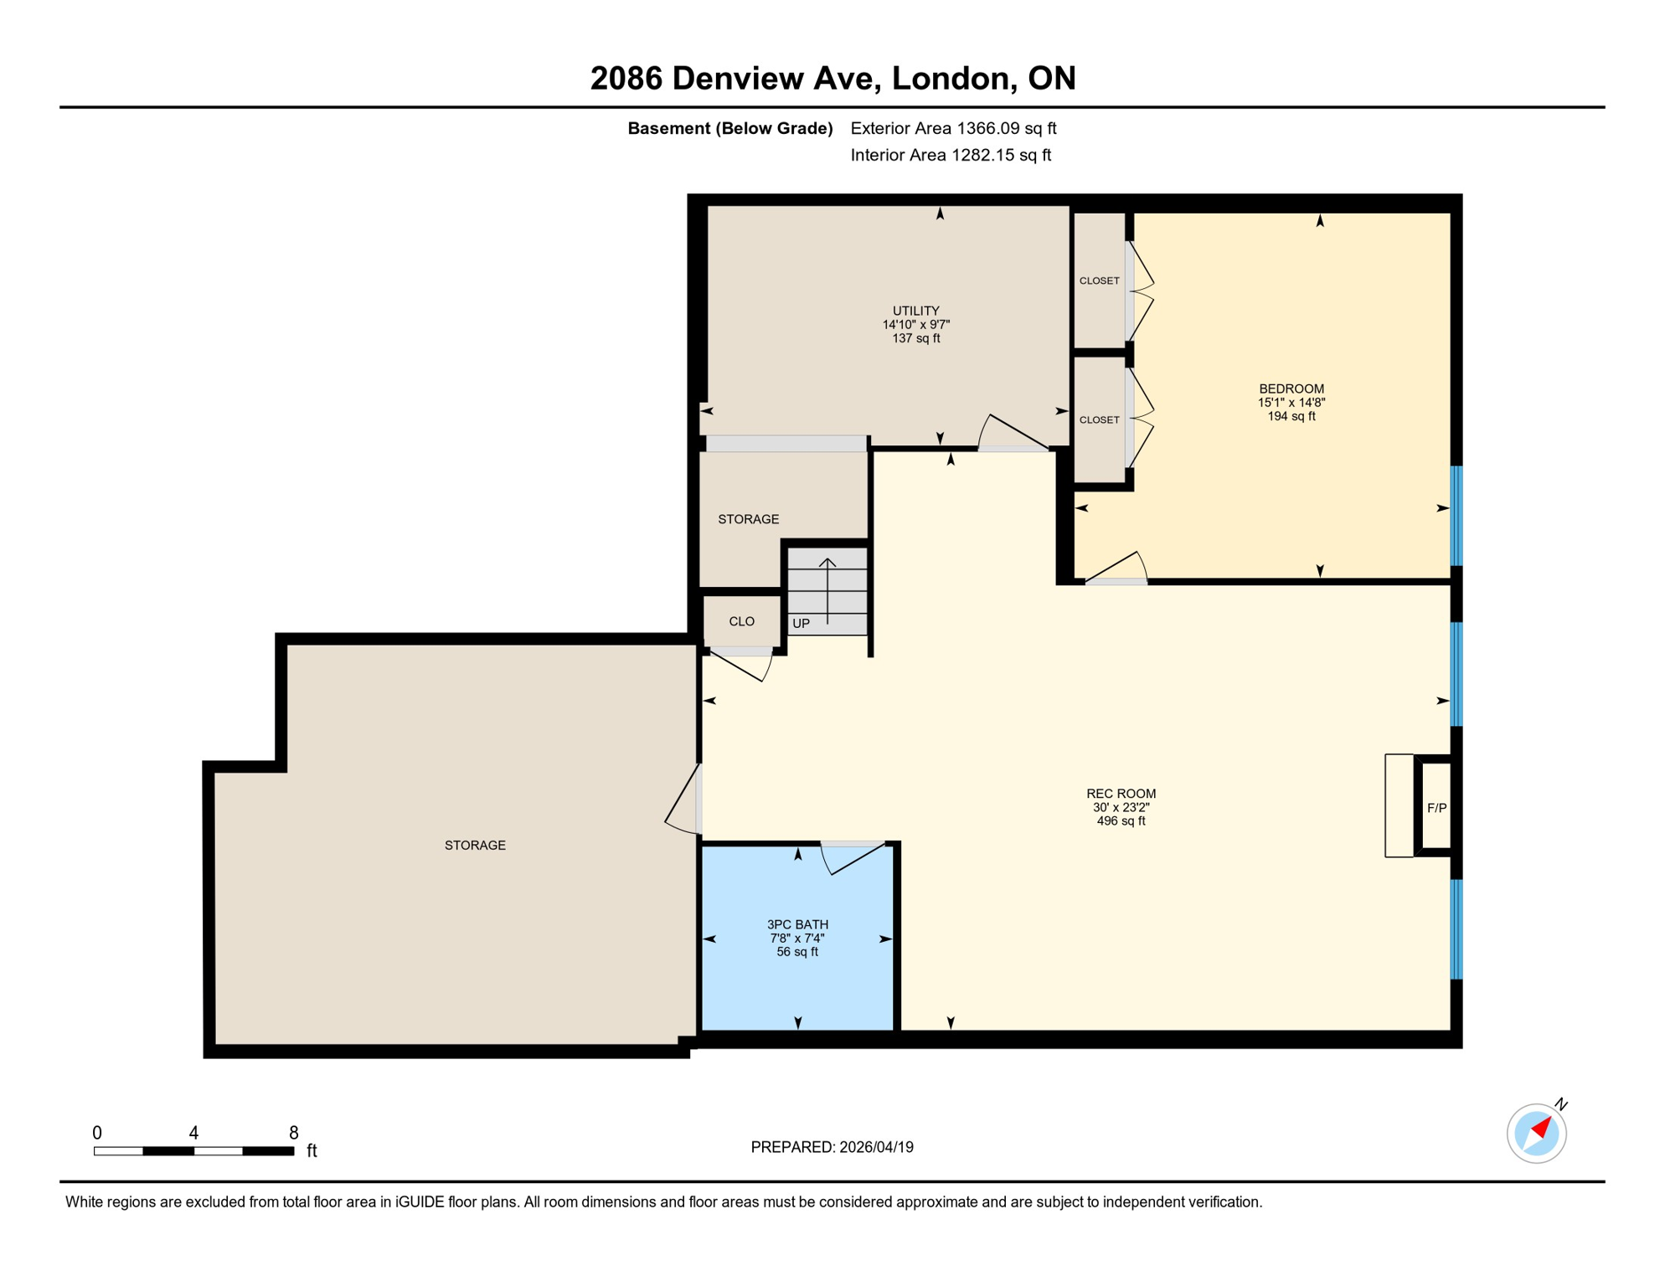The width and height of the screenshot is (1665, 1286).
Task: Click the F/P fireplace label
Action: click(1436, 808)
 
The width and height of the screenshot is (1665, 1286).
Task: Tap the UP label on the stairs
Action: click(801, 624)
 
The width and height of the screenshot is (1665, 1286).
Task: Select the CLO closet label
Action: click(741, 621)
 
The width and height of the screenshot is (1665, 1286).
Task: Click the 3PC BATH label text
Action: click(797, 924)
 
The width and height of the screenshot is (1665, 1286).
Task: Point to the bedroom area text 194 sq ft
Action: click(1291, 416)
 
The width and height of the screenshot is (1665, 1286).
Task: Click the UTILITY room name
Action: click(915, 311)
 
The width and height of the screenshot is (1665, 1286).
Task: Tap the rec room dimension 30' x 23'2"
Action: click(1121, 807)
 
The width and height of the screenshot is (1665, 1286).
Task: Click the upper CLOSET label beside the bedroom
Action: click(1099, 280)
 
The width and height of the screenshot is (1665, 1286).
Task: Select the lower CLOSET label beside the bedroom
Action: click(1099, 419)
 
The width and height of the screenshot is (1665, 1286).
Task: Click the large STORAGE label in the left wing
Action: click(475, 845)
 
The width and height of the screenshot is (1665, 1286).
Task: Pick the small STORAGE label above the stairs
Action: click(748, 519)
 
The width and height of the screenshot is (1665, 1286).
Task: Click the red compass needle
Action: click(1542, 1128)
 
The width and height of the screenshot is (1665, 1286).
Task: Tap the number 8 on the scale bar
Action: click(293, 1133)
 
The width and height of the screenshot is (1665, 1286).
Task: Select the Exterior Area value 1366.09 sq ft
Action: click(1006, 128)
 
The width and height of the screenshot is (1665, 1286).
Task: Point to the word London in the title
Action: click(950, 78)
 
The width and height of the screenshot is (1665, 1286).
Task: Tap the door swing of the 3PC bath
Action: click(854, 858)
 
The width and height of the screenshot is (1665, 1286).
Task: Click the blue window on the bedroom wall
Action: click(1456, 516)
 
